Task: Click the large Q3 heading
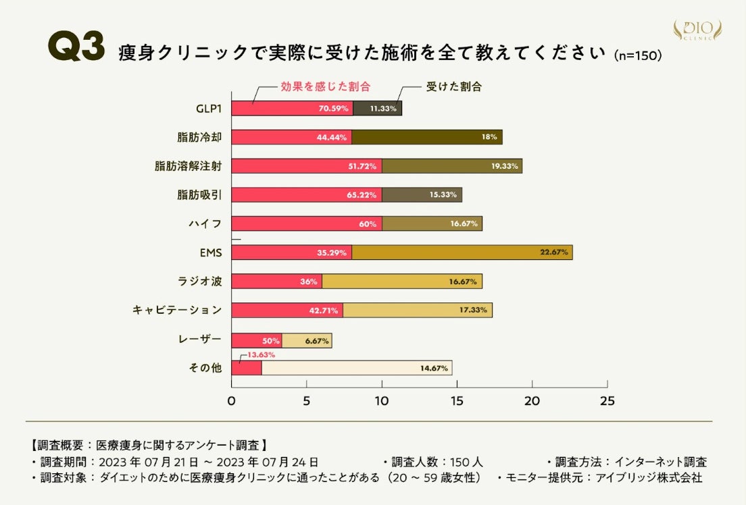click(76, 49)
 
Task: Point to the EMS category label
click(211, 252)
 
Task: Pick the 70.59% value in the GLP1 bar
click(332, 108)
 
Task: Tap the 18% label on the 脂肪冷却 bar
click(489, 137)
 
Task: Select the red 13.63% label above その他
click(261, 354)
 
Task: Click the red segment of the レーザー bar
click(257, 340)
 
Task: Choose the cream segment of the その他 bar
click(356, 368)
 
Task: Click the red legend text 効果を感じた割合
click(326, 87)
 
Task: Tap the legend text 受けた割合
click(449, 87)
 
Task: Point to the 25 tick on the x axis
click(607, 400)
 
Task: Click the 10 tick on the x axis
click(382, 400)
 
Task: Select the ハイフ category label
click(207, 223)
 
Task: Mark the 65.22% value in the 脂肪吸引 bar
click(362, 195)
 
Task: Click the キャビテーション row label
click(177, 310)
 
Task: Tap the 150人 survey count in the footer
click(468, 462)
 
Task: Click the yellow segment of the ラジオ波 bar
click(402, 282)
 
